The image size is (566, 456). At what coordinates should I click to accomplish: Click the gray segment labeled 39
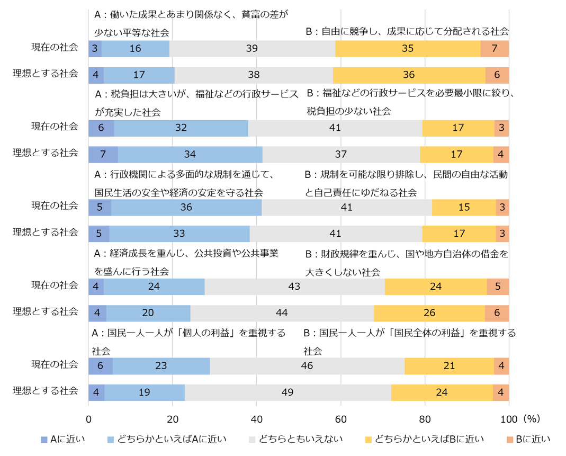pyautogui.click(x=252, y=49)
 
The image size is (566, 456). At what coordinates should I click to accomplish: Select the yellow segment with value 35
pyautogui.click(x=408, y=49)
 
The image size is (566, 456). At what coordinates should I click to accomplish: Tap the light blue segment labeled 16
pyautogui.click(x=135, y=49)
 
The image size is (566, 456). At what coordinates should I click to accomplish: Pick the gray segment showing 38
pyautogui.click(x=254, y=75)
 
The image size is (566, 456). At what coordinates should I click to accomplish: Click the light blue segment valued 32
pyautogui.click(x=181, y=128)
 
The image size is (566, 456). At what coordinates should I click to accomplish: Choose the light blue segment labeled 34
pyautogui.click(x=190, y=154)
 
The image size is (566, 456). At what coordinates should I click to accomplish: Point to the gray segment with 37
pyautogui.click(x=341, y=154)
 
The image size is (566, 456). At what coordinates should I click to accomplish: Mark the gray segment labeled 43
pyautogui.click(x=294, y=287)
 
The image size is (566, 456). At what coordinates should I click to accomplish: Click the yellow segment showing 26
pyautogui.click(x=429, y=313)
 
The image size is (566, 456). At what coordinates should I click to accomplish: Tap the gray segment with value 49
pyautogui.click(x=288, y=392)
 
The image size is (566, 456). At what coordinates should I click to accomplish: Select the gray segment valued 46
pyautogui.click(x=307, y=366)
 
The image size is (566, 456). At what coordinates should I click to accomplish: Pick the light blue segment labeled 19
pyautogui.click(x=145, y=392)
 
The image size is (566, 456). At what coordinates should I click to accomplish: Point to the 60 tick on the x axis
pyautogui.click(x=340, y=418)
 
